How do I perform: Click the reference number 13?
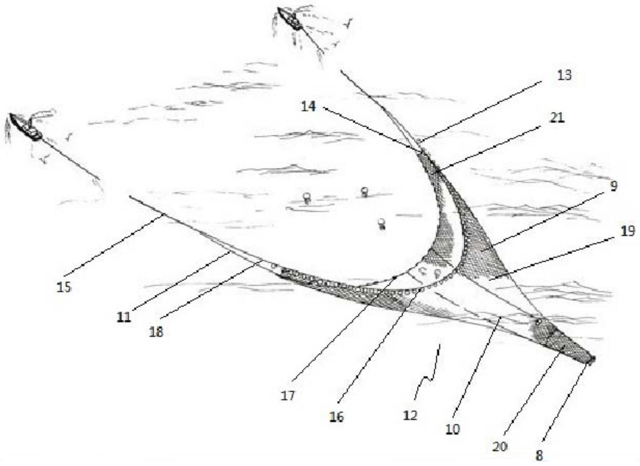(564, 75)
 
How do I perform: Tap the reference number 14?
(308, 107)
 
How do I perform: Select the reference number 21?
(557, 118)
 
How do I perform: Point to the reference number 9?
(613, 186)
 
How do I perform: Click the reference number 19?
(627, 231)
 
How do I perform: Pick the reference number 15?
(64, 287)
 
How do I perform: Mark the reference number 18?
(156, 332)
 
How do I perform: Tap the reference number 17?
(287, 396)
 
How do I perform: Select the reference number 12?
(410, 415)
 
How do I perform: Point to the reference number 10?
(453, 429)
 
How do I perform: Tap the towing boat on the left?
(26, 127)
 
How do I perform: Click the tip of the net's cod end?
(594, 358)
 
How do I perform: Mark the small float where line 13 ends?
(418, 140)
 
